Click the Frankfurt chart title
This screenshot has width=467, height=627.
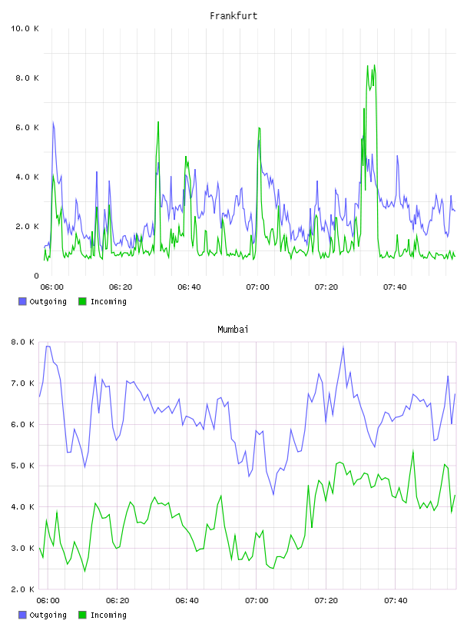(x=233, y=16)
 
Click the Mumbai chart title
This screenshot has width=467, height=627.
(x=233, y=330)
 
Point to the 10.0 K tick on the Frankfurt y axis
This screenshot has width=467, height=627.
(x=25, y=28)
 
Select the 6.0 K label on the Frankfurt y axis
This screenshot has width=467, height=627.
(x=27, y=128)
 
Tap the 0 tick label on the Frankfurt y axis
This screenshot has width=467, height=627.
(x=36, y=276)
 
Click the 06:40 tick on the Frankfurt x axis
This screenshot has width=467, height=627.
(x=189, y=287)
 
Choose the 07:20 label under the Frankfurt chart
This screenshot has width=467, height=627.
(x=326, y=287)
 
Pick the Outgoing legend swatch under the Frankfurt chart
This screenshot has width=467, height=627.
(x=22, y=301)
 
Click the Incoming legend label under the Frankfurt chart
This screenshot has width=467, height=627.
(x=108, y=302)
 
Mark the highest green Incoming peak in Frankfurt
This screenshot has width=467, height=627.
(x=374, y=65)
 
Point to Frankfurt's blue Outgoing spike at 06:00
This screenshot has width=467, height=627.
(x=53, y=121)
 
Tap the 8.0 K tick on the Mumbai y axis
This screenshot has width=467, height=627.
(x=22, y=342)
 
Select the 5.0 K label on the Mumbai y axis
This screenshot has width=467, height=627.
(x=22, y=466)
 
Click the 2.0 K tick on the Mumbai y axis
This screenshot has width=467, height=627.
(x=22, y=589)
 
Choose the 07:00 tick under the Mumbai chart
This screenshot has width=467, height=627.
(x=257, y=601)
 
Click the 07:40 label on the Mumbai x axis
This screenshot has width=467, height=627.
(x=396, y=601)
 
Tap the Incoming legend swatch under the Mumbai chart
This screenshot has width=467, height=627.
(x=82, y=615)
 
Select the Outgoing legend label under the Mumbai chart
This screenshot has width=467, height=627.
(x=48, y=615)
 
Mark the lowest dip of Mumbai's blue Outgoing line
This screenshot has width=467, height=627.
(x=273, y=495)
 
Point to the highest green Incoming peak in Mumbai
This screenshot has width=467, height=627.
(x=413, y=450)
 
